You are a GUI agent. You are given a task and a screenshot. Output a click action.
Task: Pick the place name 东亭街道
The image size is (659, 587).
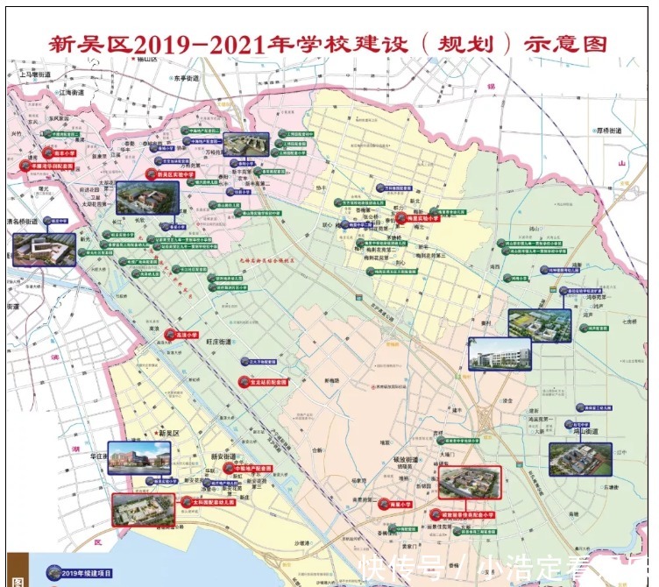tap(186, 78)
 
